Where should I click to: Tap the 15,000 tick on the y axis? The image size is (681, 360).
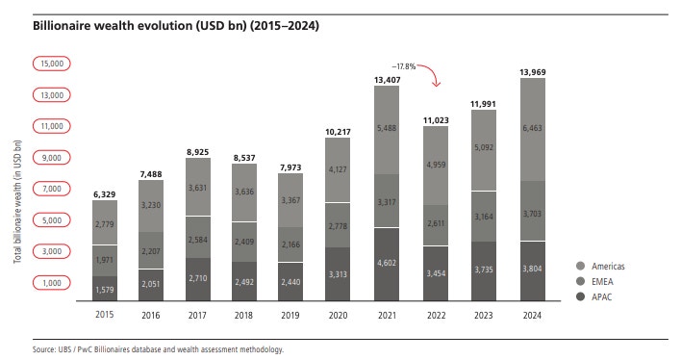tap(50, 64)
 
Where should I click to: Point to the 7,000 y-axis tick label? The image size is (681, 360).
tap(50, 189)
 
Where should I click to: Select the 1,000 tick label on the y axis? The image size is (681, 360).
tap(50, 282)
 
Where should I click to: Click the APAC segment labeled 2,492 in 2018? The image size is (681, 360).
tap(244, 282)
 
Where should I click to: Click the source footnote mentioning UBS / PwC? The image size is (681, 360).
tap(159, 349)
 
